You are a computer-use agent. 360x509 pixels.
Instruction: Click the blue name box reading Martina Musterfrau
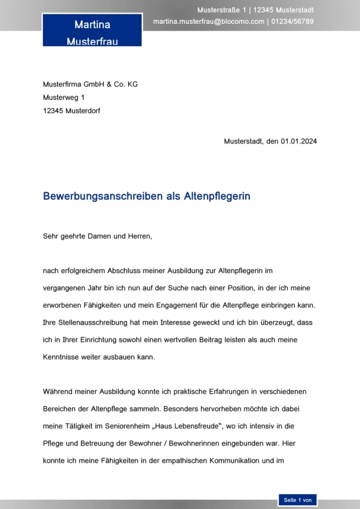click(x=92, y=31)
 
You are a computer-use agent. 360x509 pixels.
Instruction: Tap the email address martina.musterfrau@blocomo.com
click(x=208, y=21)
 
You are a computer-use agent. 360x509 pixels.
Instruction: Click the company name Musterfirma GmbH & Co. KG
click(x=90, y=84)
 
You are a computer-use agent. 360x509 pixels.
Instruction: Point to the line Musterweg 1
click(x=64, y=97)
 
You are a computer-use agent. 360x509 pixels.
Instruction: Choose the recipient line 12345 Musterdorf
click(x=72, y=111)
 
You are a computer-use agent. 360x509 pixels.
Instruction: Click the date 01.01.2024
click(x=298, y=141)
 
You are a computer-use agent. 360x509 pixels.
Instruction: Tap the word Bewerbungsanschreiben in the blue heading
click(x=99, y=196)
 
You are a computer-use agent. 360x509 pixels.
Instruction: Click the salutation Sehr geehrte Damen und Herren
click(x=97, y=236)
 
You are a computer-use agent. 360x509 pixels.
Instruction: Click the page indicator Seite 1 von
click(x=297, y=500)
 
